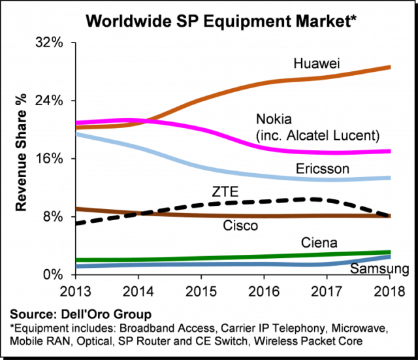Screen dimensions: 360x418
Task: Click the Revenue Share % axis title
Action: [21, 159]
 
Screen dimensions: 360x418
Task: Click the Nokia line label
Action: [274, 120]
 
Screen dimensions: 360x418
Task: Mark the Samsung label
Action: [379, 269]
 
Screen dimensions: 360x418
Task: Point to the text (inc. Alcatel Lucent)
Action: [317, 136]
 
